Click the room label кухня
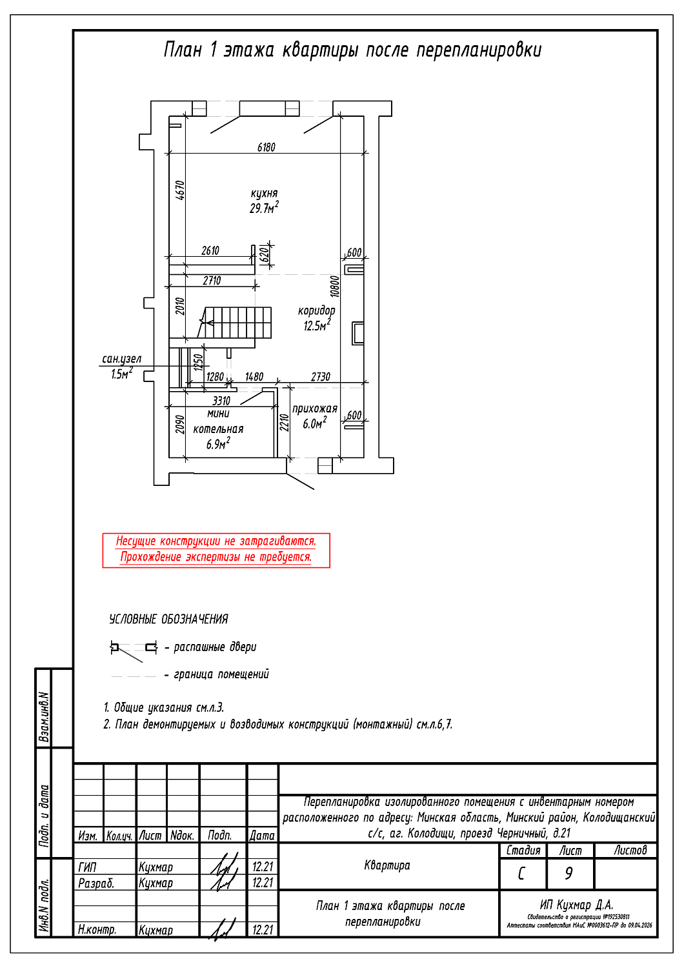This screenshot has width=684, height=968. click(x=264, y=193)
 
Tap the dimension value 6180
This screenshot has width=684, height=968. click(x=267, y=147)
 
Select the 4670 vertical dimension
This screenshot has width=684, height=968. click(x=180, y=190)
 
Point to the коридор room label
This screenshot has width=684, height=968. click(x=316, y=310)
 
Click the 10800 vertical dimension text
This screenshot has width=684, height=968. click(x=334, y=287)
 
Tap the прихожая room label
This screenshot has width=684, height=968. click(x=315, y=408)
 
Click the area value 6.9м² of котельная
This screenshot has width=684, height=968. click(x=218, y=444)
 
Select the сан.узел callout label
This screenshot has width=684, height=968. click(x=121, y=359)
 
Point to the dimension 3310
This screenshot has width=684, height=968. click(x=221, y=401)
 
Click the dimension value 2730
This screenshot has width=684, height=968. click(x=321, y=377)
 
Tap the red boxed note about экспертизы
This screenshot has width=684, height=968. click(x=216, y=550)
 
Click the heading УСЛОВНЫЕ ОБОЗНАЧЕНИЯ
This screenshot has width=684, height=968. click(x=168, y=620)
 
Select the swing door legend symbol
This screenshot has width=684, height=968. click(x=134, y=648)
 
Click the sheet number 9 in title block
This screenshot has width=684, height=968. click(x=568, y=873)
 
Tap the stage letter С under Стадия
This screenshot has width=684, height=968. click(x=521, y=874)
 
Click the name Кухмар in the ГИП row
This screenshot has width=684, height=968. click(x=156, y=867)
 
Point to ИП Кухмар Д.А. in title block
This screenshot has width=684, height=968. click(x=576, y=905)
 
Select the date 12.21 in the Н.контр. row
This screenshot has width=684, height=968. click(x=263, y=930)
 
